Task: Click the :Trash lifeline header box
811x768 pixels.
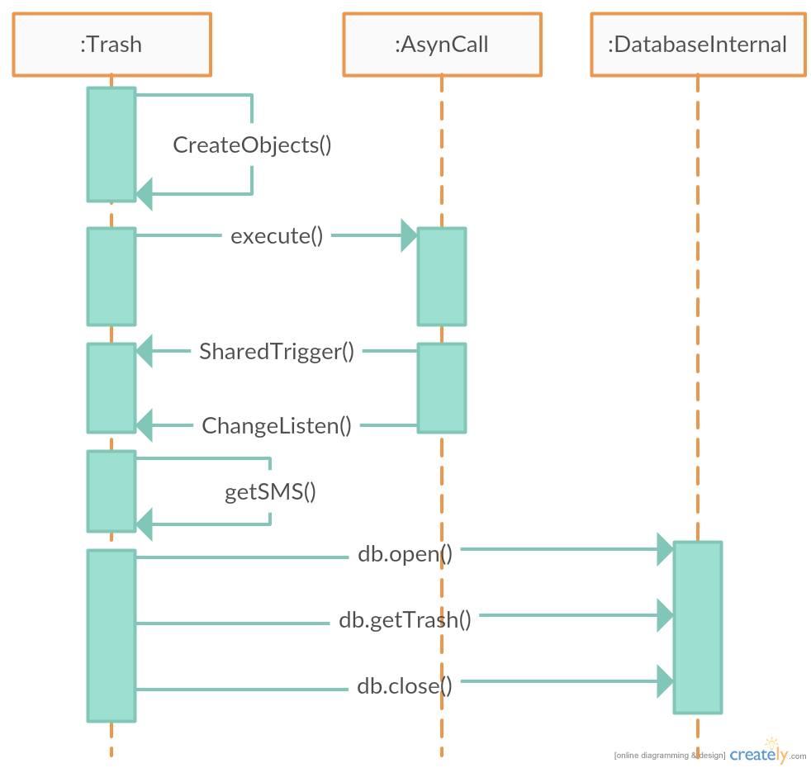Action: pyautogui.click(x=111, y=45)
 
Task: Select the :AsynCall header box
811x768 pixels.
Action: pyautogui.click(x=442, y=45)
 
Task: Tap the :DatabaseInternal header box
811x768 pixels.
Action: pyautogui.click(x=698, y=45)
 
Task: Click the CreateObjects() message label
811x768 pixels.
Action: pyautogui.click(x=252, y=145)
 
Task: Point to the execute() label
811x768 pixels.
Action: pyautogui.click(x=277, y=236)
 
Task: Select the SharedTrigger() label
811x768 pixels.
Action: pyautogui.click(x=277, y=352)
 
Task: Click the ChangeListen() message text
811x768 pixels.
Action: pyautogui.click(x=277, y=426)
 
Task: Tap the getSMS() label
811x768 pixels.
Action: pyautogui.click(x=271, y=492)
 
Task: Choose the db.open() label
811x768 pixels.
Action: pyautogui.click(x=405, y=553)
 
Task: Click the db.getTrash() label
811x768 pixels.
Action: pyautogui.click(x=405, y=619)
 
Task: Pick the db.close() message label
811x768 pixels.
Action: pyautogui.click(x=405, y=685)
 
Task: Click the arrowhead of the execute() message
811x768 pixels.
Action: pyautogui.click(x=409, y=235)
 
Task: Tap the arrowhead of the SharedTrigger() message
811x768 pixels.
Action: pyautogui.click(x=145, y=351)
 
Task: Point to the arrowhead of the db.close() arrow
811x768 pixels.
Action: pyautogui.click(x=665, y=681)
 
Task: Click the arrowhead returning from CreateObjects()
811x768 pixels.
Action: pyautogui.click(x=145, y=194)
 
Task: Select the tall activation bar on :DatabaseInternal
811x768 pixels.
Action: pyautogui.click(x=698, y=628)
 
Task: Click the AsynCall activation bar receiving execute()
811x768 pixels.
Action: pyautogui.click(x=442, y=277)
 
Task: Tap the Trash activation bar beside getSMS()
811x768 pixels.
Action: pyautogui.click(x=111, y=491)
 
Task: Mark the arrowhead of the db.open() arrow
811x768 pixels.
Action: pyautogui.click(x=665, y=549)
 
